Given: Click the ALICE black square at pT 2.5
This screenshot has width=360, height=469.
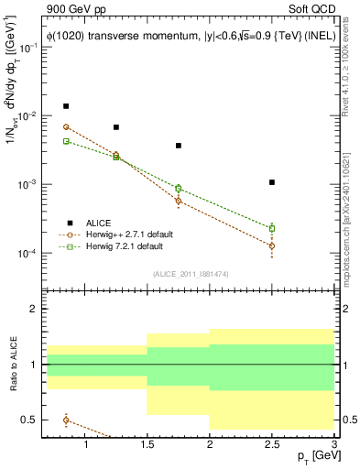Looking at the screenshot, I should point(272,182).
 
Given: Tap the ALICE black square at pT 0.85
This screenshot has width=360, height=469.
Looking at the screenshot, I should point(66,106).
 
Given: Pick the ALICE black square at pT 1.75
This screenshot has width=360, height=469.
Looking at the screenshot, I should point(179,146).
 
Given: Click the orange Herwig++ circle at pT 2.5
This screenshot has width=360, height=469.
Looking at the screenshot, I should point(272,245).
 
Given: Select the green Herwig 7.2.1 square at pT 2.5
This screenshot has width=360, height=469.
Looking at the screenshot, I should point(272,228).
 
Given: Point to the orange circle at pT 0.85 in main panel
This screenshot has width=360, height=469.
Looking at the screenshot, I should point(66,127).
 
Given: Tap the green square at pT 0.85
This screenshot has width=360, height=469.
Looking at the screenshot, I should point(66,141).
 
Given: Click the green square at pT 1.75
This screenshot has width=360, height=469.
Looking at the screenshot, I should point(179,188).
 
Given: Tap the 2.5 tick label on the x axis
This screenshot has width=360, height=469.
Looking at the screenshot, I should point(272,446).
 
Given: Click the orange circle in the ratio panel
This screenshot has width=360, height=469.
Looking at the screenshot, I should point(66,420).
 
